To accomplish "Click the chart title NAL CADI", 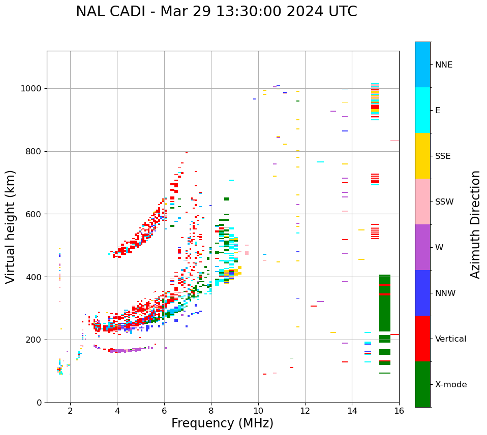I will [216, 12].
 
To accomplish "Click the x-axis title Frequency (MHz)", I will [222, 423].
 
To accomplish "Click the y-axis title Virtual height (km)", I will [11, 227].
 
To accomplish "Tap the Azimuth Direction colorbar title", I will [475, 224].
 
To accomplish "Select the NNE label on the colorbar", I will [444, 65].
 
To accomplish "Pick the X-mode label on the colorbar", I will [451, 385].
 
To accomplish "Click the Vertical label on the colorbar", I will [450, 339].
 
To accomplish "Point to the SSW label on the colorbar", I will [444, 202].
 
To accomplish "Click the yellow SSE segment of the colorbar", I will [422, 156].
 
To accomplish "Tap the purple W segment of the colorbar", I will [422, 247].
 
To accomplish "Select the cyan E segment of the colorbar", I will [422, 110].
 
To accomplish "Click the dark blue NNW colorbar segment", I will [422, 293].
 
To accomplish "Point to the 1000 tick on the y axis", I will [33, 89].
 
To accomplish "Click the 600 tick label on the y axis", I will [35, 214].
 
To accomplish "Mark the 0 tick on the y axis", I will [40, 403].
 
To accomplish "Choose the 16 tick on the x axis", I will [399, 411].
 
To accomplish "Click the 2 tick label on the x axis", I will [70, 411].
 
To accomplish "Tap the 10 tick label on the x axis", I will [258, 411].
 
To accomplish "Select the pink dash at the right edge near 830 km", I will [394, 141].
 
